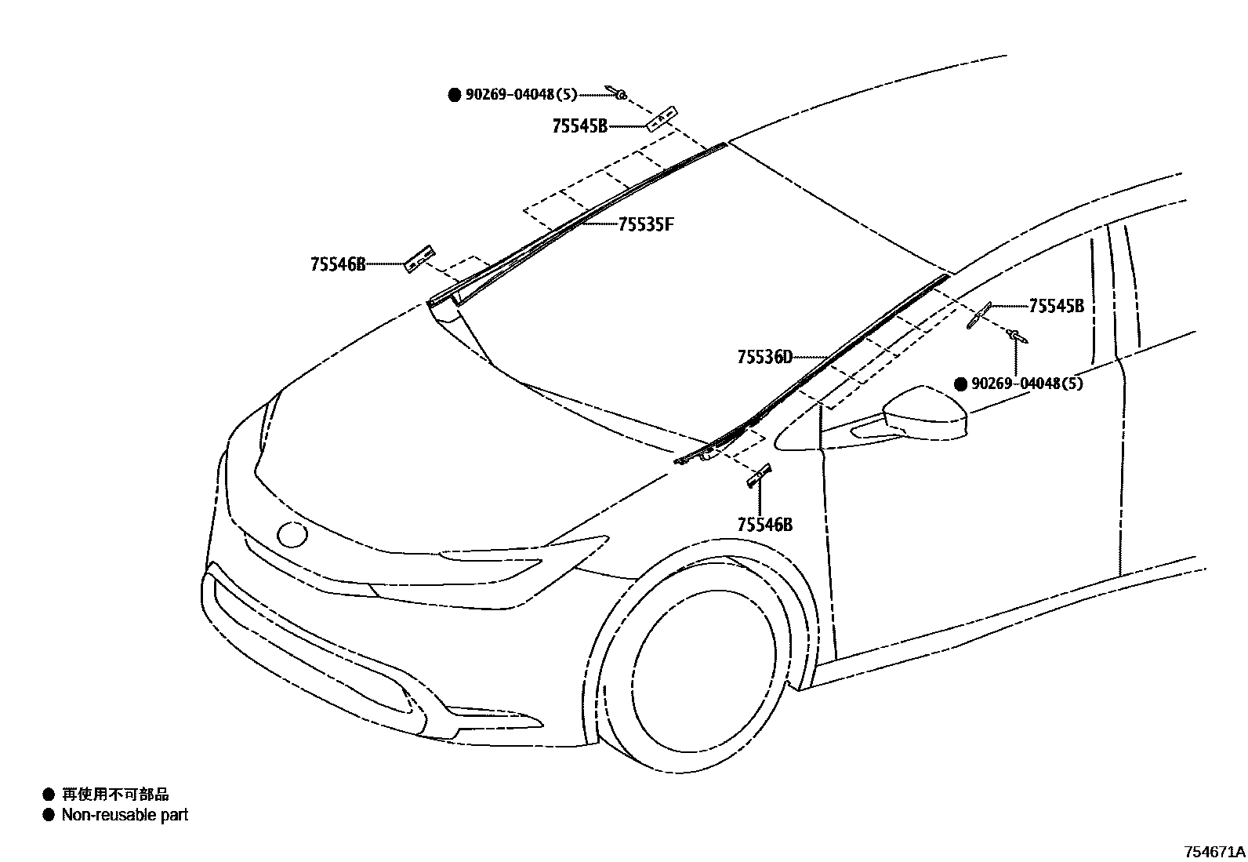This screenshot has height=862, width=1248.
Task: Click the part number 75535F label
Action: (646, 225)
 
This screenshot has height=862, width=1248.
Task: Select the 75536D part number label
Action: (764, 358)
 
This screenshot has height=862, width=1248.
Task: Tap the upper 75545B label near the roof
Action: (579, 125)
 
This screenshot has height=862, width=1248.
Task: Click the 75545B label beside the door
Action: (1056, 306)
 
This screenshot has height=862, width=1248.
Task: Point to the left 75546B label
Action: (338, 264)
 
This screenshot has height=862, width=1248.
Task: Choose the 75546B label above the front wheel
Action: (764, 525)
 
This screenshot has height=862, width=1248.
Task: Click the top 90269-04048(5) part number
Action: (521, 95)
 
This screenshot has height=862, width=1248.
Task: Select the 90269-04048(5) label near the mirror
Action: (1027, 384)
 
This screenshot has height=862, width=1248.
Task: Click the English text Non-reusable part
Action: (125, 815)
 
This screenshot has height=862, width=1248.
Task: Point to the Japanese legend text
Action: (115, 795)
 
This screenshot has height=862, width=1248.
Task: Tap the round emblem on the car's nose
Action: (292, 535)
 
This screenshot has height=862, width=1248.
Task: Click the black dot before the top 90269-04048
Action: (454, 95)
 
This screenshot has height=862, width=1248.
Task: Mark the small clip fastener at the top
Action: (615, 93)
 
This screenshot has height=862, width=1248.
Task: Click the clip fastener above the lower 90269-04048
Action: (1018, 336)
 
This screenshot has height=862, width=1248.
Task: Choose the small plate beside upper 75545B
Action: (660, 118)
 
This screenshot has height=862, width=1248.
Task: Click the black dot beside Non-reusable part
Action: (49, 815)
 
